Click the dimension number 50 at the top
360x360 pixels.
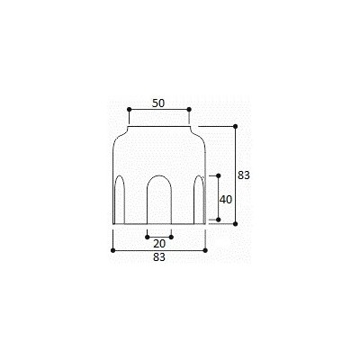coord(158,103)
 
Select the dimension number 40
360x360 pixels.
coord(226,200)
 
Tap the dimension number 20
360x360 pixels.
coord(159,244)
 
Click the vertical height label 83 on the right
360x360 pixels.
coord(244,175)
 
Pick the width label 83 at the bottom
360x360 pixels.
coord(159,257)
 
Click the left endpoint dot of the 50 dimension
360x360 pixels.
coord(129,110)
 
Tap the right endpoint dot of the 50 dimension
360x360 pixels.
coord(189,110)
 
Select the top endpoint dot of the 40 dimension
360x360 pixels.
coord(218,175)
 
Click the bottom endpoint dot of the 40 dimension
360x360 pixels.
coord(218,220)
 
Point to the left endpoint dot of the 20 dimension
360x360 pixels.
coord(147,238)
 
